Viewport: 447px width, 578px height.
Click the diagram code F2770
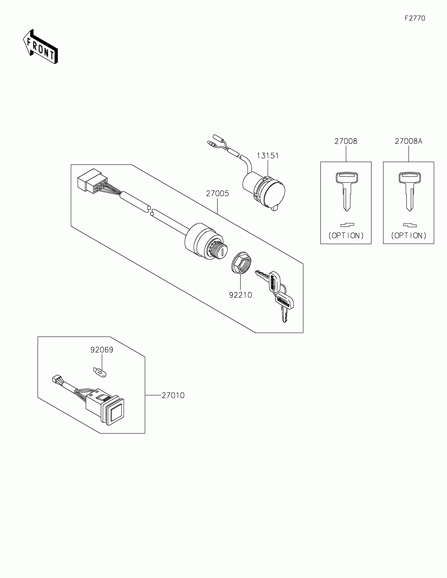(x=415, y=18)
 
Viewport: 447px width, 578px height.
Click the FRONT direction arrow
(x=40, y=47)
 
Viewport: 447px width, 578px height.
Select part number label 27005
(x=217, y=194)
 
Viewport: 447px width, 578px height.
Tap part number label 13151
(x=268, y=156)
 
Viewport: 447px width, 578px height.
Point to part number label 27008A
(x=408, y=141)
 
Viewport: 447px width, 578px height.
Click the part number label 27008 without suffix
(x=346, y=141)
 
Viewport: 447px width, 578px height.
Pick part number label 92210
(x=240, y=295)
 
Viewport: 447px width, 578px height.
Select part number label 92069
(x=102, y=350)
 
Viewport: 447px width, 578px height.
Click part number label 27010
(x=173, y=395)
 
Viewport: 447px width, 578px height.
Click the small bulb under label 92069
(x=100, y=372)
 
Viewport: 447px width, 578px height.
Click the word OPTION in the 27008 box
(x=346, y=236)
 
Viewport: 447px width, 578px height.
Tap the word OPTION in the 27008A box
(x=409, y=236)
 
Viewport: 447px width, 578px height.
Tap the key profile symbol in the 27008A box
(x=410, y=226)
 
